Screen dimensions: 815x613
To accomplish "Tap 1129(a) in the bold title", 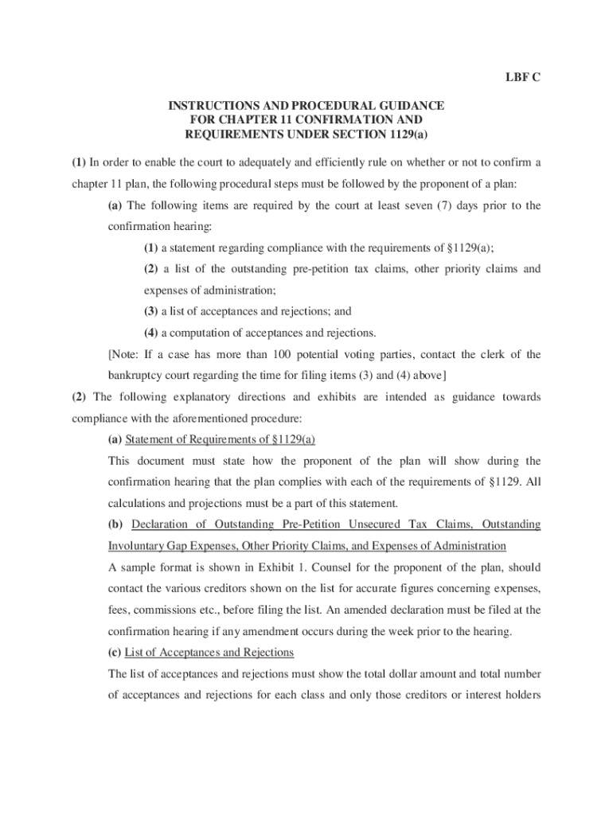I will [x=405, y=134].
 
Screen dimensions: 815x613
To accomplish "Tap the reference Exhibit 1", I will [x=271, y=567].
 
